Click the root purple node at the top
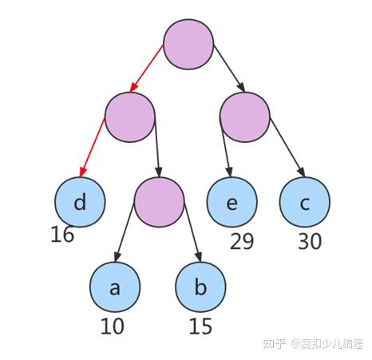[188, 44]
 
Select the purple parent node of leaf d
[129, 117]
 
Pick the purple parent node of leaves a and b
[159, 201]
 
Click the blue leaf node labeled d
[80, 202]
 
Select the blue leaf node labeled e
[232, 202]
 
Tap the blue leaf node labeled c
[305, 202]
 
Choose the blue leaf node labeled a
[114, 287]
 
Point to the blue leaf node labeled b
[200, 287]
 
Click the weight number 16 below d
[62, 235]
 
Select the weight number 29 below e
[242, 240]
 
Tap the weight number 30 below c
[310, 240]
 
